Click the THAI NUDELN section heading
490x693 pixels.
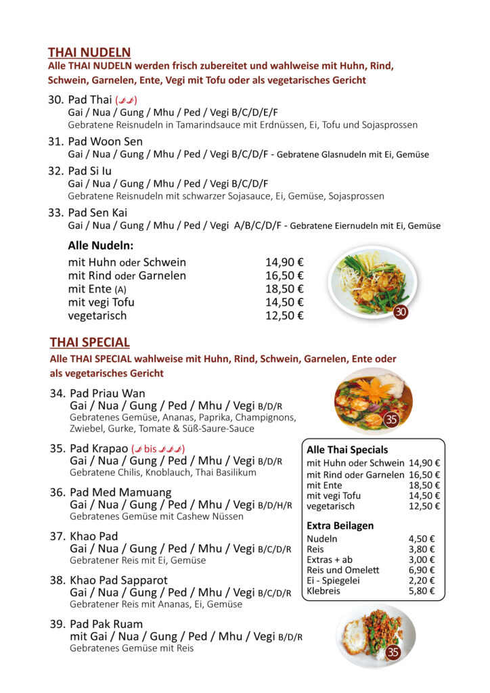point(89,52)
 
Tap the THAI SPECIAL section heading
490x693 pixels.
point(89,342)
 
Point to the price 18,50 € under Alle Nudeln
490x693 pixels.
point(284,289)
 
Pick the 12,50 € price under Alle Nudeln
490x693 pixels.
point(284,315)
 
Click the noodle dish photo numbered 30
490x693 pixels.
point(372,282)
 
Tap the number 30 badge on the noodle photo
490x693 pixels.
point(400,312)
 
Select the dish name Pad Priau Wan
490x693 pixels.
point(107,393)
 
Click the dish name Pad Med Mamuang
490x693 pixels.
point(120,492)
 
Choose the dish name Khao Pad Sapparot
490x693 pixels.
point(118,580)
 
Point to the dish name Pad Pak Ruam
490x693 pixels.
point(106,624)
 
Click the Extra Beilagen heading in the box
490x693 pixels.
point(340,525)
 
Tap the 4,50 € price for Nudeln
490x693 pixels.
point(422,539)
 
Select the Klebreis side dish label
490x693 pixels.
point(323,591)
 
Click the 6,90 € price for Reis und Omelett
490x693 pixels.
point(422,570)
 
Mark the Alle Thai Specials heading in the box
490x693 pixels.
point(347,449)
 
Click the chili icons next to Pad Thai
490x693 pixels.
point(126,100)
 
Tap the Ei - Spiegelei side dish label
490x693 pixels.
point(333,580)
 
